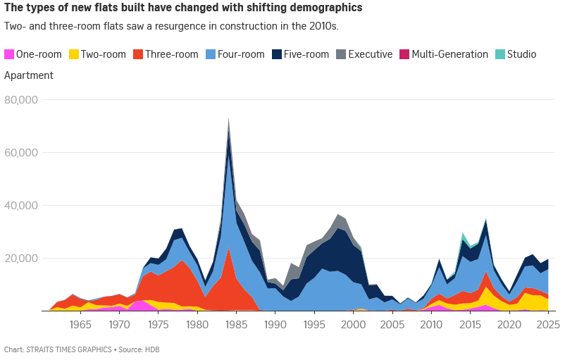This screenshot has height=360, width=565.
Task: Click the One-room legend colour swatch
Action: point(9,54)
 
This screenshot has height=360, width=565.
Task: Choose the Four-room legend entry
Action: point(239,54)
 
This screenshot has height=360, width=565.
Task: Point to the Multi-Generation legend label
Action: point(449,54)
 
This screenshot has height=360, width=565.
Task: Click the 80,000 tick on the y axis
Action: point(21,100)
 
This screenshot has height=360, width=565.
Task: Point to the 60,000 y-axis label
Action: point(21,153)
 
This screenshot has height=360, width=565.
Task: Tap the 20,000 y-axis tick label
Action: point(21,259)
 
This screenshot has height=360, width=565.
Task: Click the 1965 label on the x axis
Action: point(80,325)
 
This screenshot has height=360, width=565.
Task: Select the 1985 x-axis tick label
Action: point(236,325)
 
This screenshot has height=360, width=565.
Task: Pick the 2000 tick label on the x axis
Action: point(353,325)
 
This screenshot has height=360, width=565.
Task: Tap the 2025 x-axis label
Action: point(547,325)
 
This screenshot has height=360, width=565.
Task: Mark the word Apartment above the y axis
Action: point(29,75)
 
